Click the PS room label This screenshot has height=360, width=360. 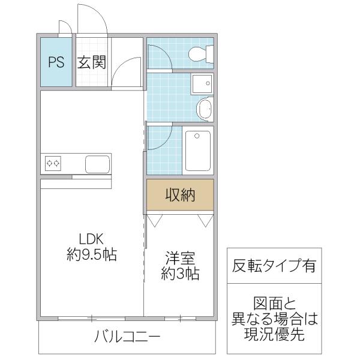[56, 62]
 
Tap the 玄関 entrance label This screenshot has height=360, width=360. [92, 62]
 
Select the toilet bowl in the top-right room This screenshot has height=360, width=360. [201, 54]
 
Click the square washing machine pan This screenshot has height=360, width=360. [202, 83]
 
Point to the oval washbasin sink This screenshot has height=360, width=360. [205, 109]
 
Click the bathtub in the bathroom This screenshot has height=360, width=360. [197, 151]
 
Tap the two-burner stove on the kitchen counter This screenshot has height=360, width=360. [53, 163]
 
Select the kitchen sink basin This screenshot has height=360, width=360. [97, 164]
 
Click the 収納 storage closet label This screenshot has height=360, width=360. [181, 195]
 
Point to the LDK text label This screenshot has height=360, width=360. [91, 239]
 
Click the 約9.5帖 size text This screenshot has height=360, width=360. [92, 254]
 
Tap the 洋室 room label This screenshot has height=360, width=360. [180, 258]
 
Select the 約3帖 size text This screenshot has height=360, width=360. [180, 274]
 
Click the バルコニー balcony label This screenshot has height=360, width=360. [127, 337]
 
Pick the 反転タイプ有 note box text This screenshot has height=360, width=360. [274, 265]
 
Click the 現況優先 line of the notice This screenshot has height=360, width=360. [274, 334]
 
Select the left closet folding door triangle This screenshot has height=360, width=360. [155, 221]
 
